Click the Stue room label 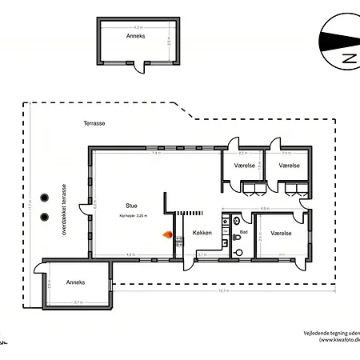[131, 204]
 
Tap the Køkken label [202, 234]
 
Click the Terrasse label [94, 124]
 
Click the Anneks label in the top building [135, 36]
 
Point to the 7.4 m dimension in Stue [157, 154]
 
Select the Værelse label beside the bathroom [280, 234]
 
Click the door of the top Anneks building [138, 68]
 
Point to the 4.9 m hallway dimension [264, 210]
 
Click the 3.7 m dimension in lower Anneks [78, 302]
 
